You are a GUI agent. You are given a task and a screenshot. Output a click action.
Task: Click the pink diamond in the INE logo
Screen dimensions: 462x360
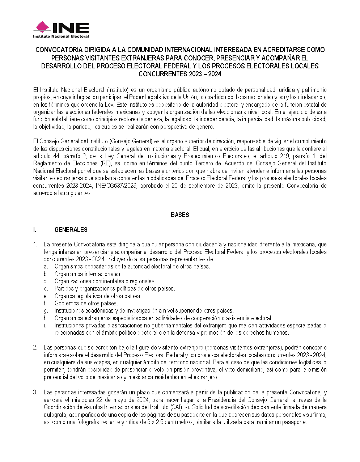click(42, 27)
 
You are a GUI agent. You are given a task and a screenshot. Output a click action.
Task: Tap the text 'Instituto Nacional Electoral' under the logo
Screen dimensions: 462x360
click(61, 37)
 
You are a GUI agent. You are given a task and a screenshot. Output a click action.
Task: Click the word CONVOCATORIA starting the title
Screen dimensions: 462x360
click(59, 50)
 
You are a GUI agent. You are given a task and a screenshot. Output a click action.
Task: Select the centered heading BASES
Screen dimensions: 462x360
click(180, 215)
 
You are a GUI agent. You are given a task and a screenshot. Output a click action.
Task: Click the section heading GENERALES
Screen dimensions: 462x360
click(71, 230)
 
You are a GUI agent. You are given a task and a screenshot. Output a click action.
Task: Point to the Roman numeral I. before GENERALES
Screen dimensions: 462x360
click(35, 230)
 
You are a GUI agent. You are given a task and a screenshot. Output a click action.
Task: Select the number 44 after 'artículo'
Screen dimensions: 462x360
click(57, 156)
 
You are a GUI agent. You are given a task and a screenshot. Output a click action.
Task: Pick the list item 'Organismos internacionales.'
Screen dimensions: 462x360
click(88, 274)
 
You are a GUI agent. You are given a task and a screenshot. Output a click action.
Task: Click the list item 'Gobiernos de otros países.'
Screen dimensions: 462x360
click(86, 303)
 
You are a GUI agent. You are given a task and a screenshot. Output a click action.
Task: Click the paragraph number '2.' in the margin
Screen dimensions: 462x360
click(35, 347)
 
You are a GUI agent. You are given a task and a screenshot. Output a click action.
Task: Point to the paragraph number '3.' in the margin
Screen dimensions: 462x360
click(35, 392)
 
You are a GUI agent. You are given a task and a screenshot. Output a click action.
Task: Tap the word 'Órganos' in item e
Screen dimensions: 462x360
click(64, 296)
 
